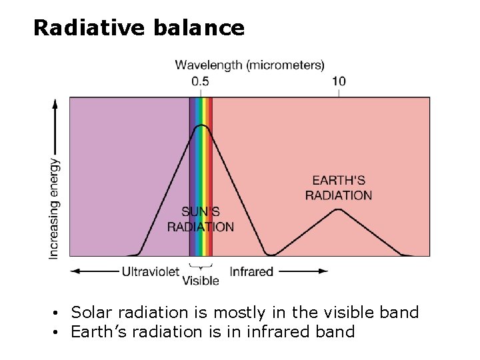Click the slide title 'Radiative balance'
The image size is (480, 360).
(x=139, y=28)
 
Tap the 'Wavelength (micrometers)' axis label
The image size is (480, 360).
(x=249, y=65)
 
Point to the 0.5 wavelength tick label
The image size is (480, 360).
(x=200, y=81)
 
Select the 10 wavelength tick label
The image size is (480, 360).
(x=339, y=81)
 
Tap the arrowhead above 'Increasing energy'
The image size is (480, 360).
(x=55, y=103)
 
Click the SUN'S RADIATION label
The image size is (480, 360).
(x=200, y=219)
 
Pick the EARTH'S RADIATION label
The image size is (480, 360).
(x=339, y=187)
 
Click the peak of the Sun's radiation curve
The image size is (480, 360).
(x=201, y=125)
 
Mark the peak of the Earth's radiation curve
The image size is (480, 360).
(x=339, y=209)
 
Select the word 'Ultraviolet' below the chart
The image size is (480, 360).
(x=151, y=271)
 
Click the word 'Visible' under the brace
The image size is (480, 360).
(x=201, y=281)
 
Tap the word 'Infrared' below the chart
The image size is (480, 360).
(x=251, y=271)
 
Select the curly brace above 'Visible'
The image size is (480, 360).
(x=201, y=267)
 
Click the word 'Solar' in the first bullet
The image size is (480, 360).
(x=90, y=312)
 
